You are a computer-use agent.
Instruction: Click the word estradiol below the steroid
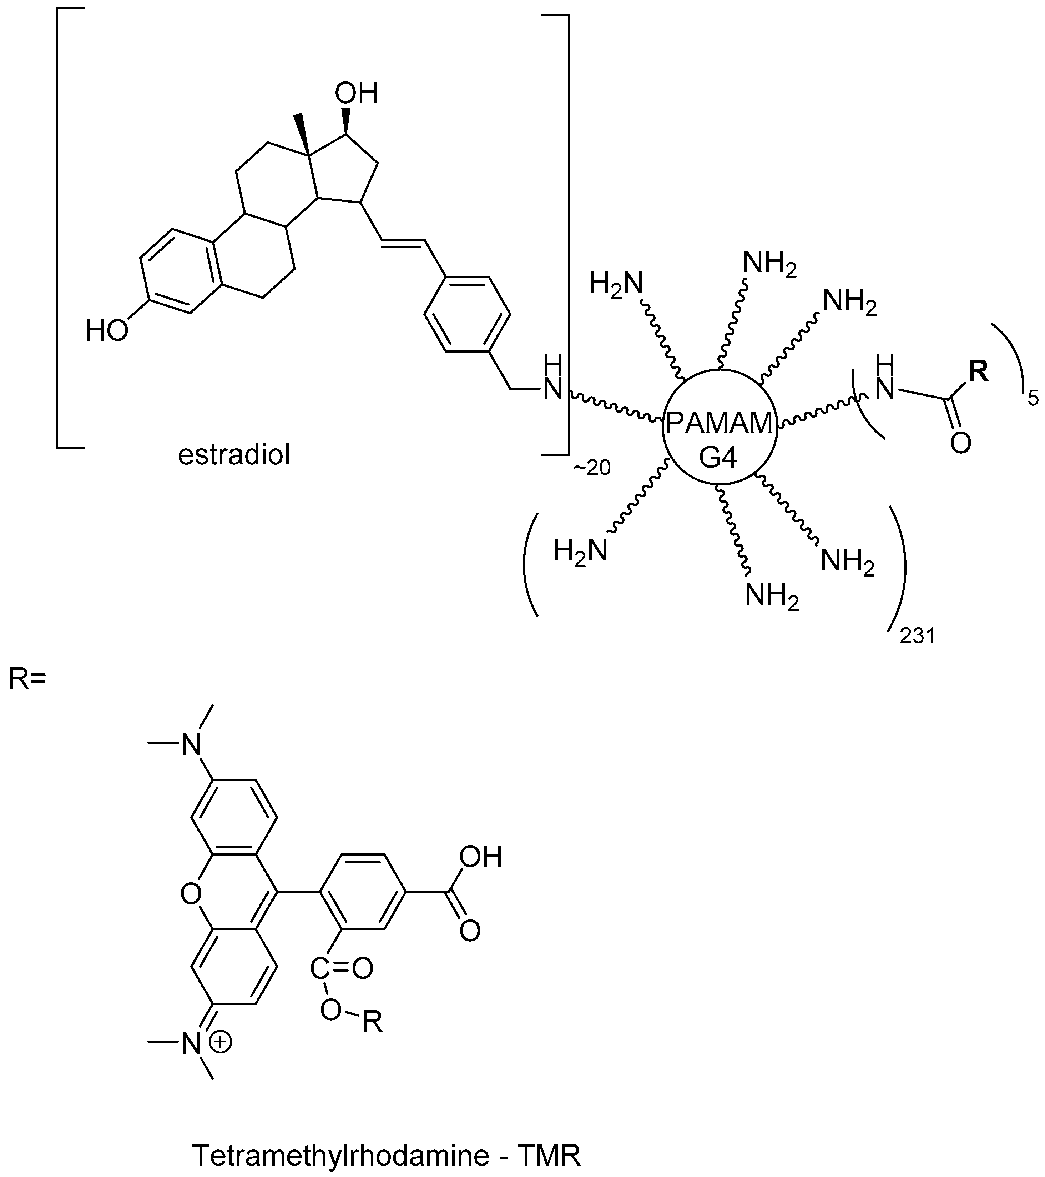pyautogui.click(x=234, y=455)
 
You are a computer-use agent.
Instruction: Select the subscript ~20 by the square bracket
pyautogui.click(x=591, y=468)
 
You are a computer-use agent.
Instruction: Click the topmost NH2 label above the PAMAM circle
pyautogui.click(x=770, y=264)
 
